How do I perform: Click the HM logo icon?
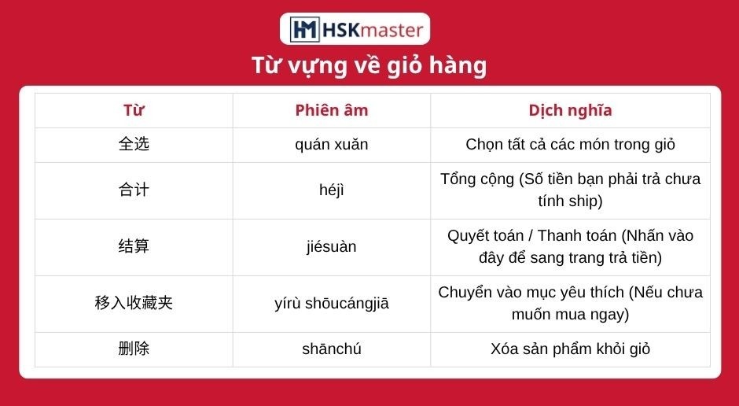click(304, 29)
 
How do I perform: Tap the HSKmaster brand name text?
click(373, 30)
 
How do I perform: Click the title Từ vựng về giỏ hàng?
click(369, 65)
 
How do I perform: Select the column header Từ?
click(134, 110)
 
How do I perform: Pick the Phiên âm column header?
click(331, 110)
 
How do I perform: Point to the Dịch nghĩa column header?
click(570, 110)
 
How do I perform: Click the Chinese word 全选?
click(134, 144)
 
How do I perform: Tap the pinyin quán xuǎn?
click(331, 144)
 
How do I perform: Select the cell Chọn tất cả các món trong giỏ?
click(570, 144)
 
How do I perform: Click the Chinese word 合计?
click(134, 190)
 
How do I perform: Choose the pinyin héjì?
click(331, 190)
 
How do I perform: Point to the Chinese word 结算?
click(134, 246)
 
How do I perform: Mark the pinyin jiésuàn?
click(331, 246)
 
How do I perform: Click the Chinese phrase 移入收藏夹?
click(134, 303)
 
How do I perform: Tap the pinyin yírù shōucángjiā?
click(332, 303)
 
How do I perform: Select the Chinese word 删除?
click(134, 349)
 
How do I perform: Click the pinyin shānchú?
click(331, 349)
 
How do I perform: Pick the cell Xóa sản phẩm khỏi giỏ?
click(570, 349)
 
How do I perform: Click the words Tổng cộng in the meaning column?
click(477, 179)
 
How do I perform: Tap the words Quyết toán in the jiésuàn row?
click(485, 236)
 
